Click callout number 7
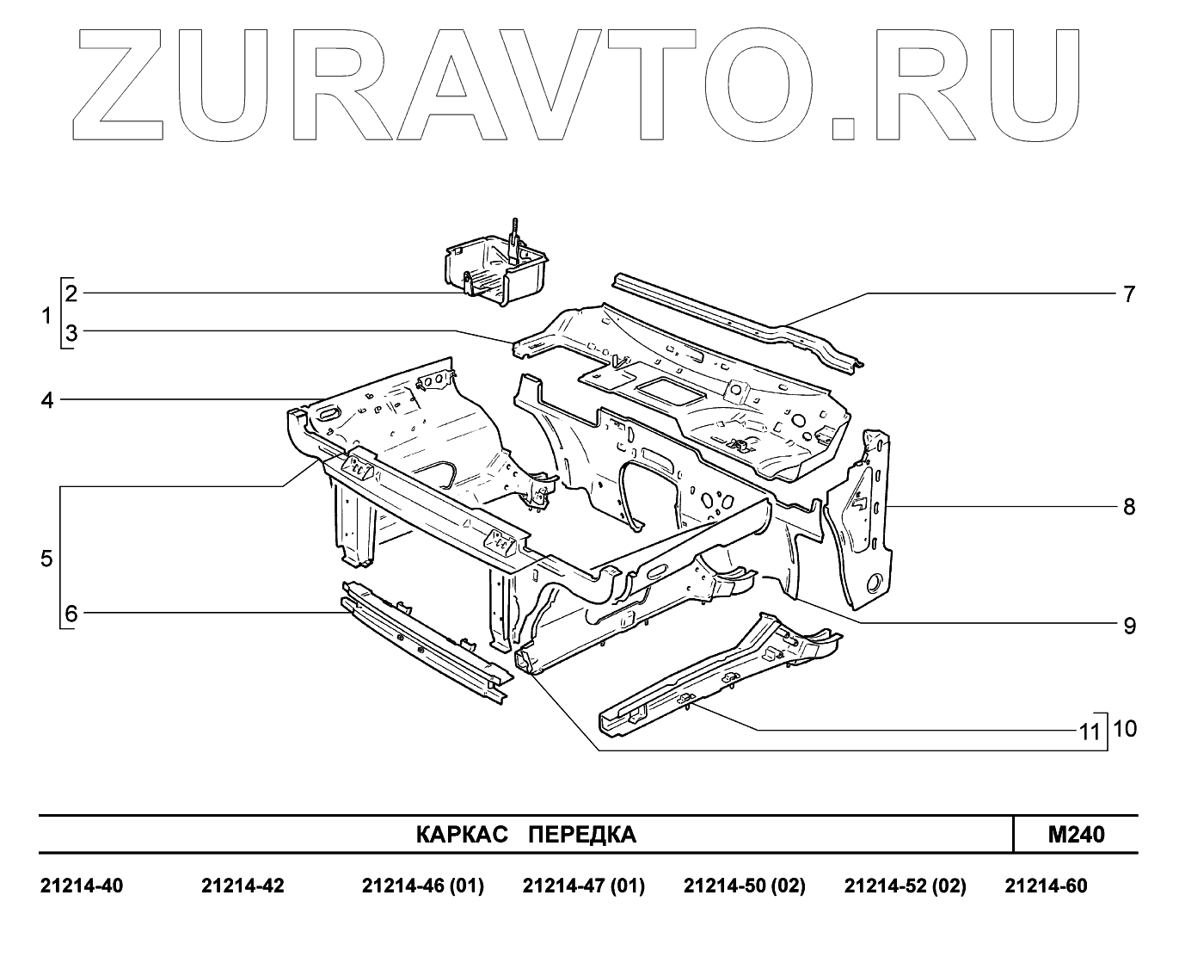1129,294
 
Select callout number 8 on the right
1129,507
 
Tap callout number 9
1129,626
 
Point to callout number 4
47,400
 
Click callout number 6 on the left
71,614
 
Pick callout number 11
1090,732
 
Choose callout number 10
1125,729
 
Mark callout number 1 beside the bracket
47,317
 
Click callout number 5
47,559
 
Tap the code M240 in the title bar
1076,835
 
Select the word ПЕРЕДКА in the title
581,835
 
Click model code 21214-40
82,886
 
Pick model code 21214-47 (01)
583,886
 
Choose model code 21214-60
1046,886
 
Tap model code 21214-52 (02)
905,886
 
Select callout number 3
71,334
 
